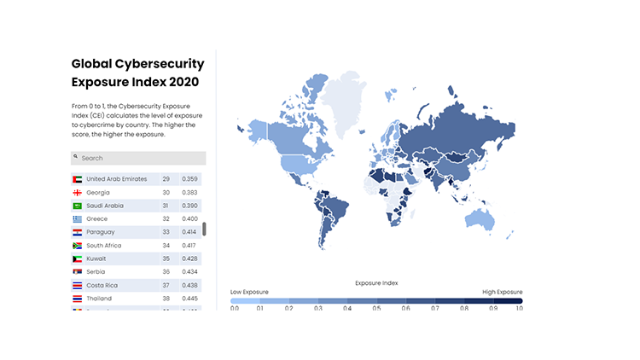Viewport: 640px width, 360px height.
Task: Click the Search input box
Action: pos(141,158)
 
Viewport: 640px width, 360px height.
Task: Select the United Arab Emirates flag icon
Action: pos(77,179)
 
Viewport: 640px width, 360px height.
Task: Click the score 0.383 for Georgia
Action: pos(189,193)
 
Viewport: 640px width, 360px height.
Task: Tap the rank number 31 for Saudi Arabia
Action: pos(166,206)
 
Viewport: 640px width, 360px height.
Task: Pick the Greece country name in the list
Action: pos(96,219)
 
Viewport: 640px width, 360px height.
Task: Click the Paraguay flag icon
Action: pos(77,232)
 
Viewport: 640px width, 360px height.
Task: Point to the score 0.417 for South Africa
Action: pos(189,246)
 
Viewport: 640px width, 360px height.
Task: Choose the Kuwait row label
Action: pos(96,258)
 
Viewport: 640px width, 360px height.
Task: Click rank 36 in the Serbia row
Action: pos(166,272)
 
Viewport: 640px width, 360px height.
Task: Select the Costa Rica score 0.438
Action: pos(189,285)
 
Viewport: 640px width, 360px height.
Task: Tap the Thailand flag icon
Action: pos(77,299)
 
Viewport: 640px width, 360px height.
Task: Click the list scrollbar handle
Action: pos(204,229)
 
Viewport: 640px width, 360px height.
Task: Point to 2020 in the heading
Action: pos(183,82)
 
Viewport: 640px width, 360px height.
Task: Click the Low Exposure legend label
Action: pos(249,292)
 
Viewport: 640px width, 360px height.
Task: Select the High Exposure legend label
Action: pos(503,292)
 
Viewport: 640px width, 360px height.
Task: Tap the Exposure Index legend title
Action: pos(376,282)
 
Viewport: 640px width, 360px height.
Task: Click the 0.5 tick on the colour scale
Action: pos(376,307)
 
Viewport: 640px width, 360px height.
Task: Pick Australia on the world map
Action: pos(478,222)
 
